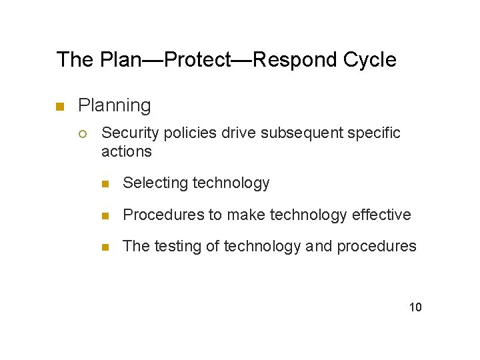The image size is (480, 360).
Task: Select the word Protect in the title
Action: pyautogui.click(x=197, y=60)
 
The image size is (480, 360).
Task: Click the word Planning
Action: pyautogui.click(x=114, y=105)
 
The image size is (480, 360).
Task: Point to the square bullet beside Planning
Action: pyautogui.click(x=59, y=106)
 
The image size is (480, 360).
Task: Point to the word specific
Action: pyautogui.click(x=377, y=133)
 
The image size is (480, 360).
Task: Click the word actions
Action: pyautogui.click(x=126, y=151)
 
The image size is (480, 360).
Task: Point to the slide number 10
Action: pyautogui.click(x=415, y=307)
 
